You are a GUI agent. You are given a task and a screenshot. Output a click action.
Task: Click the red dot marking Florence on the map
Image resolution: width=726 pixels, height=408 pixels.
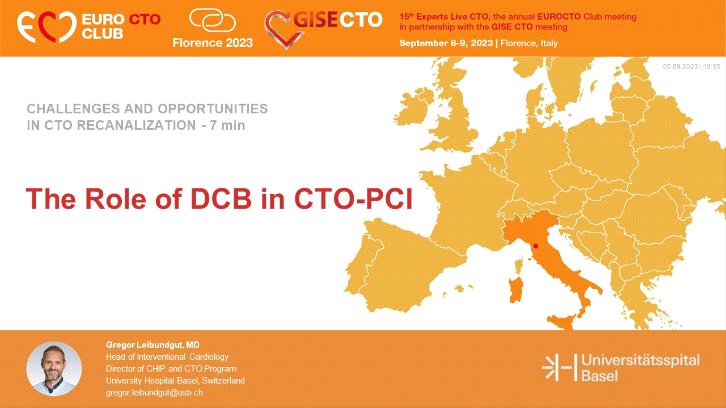535,246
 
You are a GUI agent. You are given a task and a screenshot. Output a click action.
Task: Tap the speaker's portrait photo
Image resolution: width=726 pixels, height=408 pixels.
54,369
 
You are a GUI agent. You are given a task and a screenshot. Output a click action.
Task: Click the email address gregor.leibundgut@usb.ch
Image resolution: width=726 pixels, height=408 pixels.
154,393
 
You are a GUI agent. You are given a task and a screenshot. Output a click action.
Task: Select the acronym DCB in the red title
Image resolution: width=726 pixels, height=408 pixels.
221,199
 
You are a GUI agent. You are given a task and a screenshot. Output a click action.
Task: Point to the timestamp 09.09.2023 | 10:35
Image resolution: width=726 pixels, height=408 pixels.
691,67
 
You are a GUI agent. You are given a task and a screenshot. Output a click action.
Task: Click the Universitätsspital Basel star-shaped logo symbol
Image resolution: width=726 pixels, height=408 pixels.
551,367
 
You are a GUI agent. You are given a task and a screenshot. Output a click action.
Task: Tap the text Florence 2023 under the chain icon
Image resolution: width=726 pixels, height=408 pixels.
213,43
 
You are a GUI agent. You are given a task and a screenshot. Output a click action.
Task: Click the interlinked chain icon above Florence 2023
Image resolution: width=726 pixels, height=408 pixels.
213,20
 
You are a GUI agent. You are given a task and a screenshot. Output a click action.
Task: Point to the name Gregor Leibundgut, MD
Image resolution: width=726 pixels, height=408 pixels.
152,345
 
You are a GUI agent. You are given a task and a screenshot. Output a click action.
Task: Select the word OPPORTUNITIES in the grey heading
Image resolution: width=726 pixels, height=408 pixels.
213,109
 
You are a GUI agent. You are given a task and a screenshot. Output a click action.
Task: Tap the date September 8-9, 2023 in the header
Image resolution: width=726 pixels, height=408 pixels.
446,43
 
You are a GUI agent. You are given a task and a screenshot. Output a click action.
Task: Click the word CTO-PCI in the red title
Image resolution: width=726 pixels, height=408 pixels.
353,199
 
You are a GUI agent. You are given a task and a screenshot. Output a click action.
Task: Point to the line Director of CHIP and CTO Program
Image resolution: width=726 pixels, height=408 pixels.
171,369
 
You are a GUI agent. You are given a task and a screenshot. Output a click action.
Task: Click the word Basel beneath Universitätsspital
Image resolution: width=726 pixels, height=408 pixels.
599,376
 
